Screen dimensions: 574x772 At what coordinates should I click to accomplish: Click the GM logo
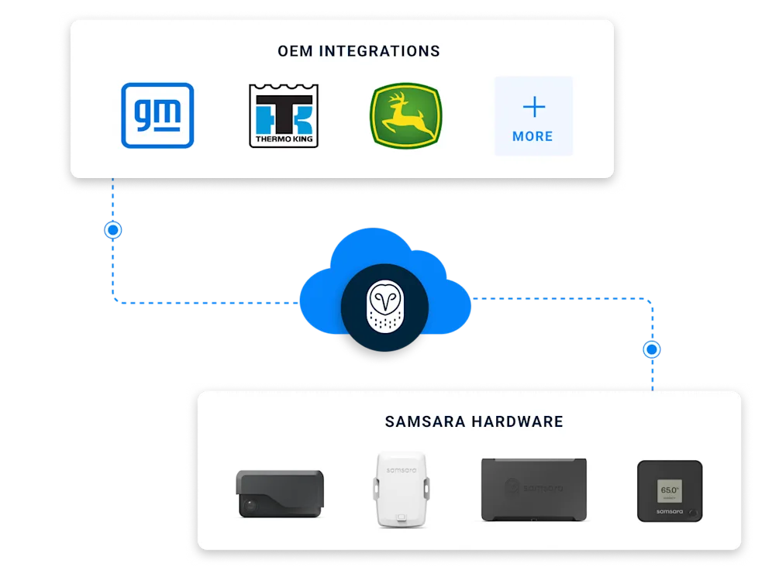point(157,115)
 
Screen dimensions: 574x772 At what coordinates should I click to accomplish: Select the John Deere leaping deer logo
point(405,115)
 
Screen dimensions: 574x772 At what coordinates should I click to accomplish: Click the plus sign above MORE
point(533,107)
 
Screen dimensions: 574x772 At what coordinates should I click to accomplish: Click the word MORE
point(533,136)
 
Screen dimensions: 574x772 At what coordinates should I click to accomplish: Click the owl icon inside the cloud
point(384,305)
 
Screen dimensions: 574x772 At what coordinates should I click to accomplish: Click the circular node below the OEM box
point(114,230)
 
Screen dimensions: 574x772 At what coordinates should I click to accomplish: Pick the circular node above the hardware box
point(653,349)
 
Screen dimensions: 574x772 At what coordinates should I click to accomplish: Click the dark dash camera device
point(279,493)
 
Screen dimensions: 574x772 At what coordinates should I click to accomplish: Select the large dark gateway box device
point(533,489)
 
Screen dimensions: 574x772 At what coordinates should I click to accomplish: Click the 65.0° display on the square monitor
point(670,490)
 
